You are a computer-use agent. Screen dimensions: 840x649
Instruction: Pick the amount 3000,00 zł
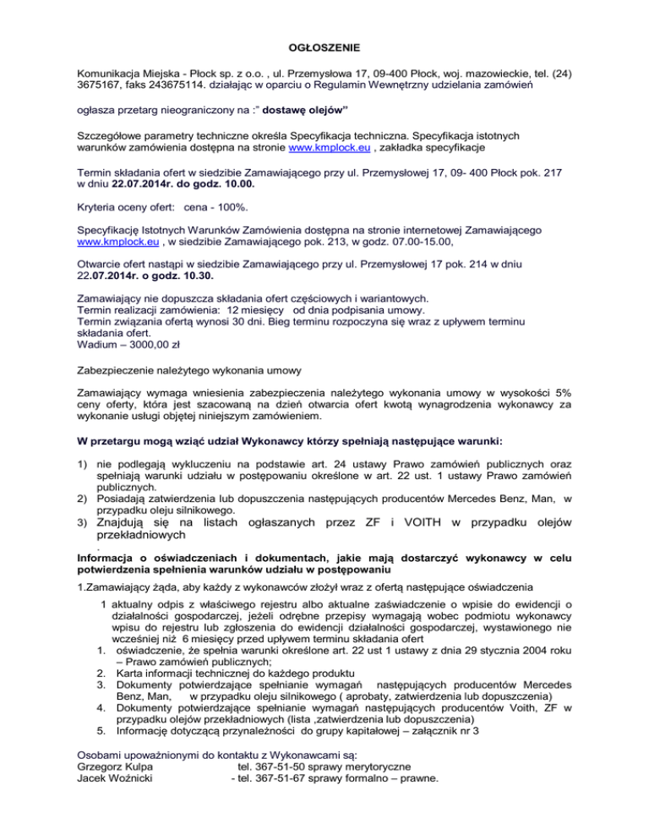[x=150, y=345]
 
